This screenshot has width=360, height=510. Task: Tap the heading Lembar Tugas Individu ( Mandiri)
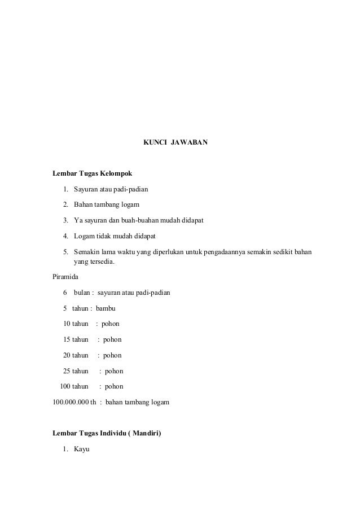pos(107,434)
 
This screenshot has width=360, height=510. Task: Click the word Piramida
pos(65,277)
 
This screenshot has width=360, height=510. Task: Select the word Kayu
pos(82,450)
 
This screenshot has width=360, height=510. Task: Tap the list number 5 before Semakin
pos(65,251)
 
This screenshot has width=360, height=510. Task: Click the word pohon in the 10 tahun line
pos(111,324)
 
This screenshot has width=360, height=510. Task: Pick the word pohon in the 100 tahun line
pos(114,387)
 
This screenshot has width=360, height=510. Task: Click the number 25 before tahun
pos(67,371)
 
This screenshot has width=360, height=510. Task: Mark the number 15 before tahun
pos(67,340)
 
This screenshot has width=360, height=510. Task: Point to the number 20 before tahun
pos(67,355)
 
